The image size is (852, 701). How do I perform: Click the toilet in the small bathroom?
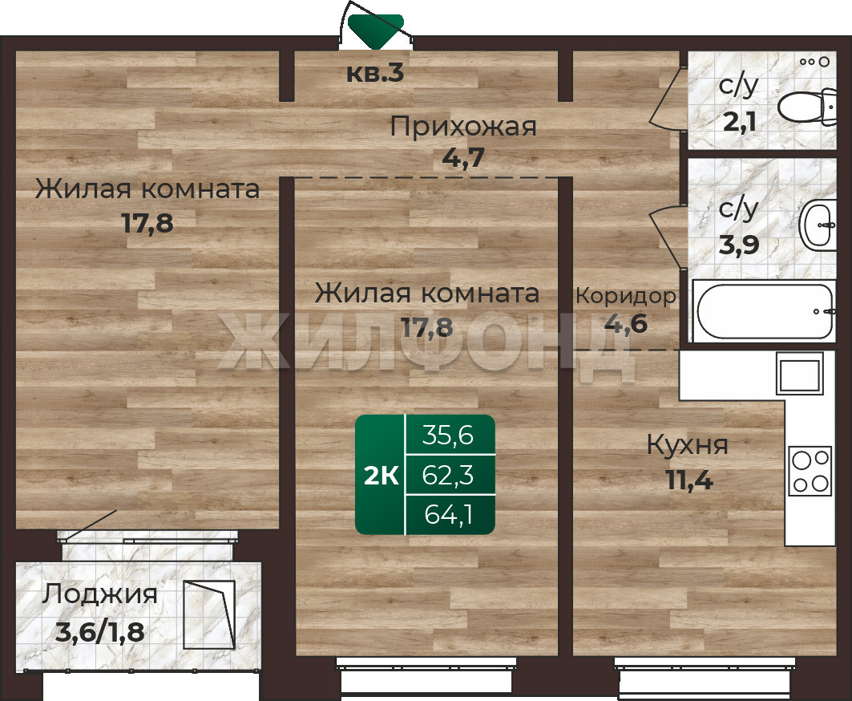click(807, 106)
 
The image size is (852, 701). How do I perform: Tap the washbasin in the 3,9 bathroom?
click(818, 225)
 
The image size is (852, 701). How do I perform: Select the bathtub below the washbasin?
click(765, 311)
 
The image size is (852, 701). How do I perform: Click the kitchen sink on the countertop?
click(799, 373)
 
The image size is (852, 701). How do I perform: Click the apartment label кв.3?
click(375, 74)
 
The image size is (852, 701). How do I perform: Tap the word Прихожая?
click(463, 127)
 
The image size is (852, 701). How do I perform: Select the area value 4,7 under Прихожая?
click(463, 158)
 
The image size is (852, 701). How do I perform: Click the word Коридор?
click(626, 297)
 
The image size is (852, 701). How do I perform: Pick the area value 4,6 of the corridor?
click(626, 323)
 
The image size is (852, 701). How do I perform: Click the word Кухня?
click(688, 445)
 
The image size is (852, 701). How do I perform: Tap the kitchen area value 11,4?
click(689, 480)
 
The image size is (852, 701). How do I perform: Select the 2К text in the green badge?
click(381, 476)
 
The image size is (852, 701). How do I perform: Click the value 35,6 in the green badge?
click(448, 436)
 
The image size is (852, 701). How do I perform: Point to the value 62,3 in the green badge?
click(448, 476)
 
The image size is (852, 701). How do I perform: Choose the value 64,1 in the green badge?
click(448, 515)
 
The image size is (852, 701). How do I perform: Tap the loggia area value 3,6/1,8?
click(100, 632)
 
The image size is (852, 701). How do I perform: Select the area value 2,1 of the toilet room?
click(740, 122)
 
